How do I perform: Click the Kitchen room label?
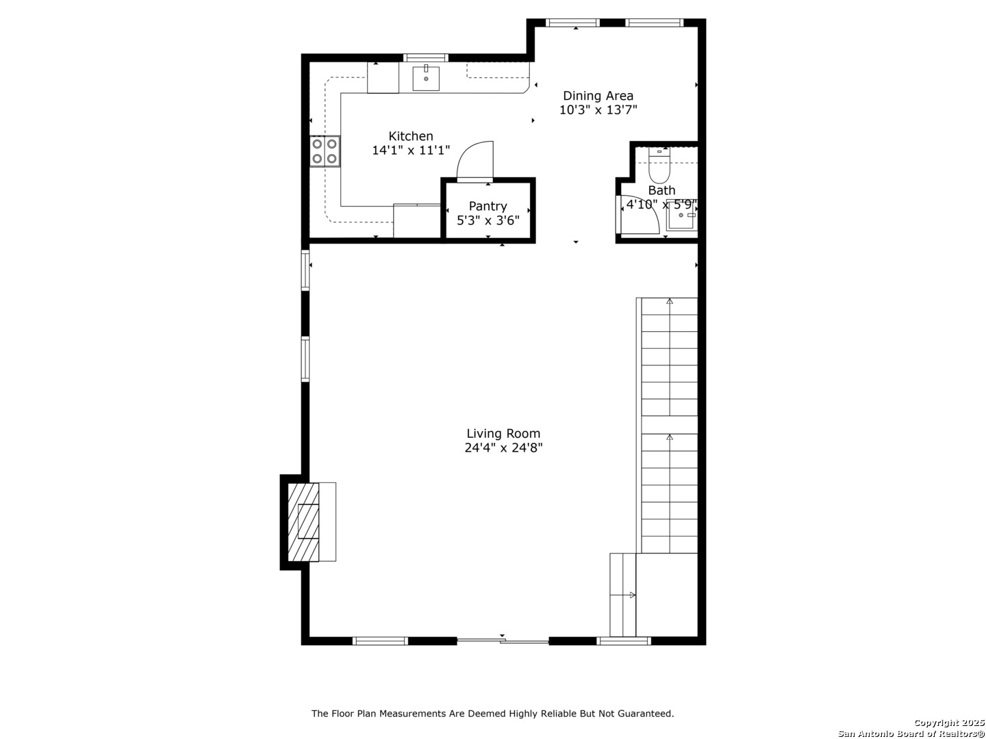(410, 135)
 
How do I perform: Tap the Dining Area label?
(598, 96)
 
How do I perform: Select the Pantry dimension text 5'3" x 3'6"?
(488, 220)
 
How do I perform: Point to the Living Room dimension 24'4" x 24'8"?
(503, 448)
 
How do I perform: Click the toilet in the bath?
(659, 165)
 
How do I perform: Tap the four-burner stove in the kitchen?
(325, 151)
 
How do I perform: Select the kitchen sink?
(425, 77)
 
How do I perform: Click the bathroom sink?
(682, 216)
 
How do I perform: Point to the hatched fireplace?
(303, 522)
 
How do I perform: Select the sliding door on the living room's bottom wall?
(503, 640)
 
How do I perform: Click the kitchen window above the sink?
(425, 57)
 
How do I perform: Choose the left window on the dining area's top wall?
(572, 23)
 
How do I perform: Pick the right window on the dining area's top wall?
(654, 23)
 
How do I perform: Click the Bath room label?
(661, 190)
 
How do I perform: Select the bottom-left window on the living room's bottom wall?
(380, 640)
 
